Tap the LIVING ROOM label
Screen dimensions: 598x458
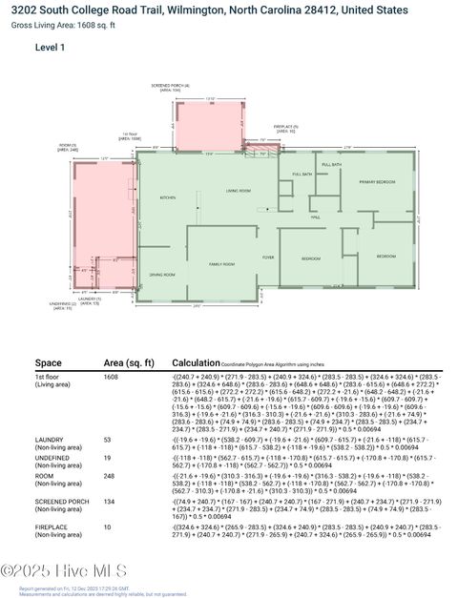238,191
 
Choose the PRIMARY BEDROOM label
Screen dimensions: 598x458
378,181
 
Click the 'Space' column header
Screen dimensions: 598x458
48,363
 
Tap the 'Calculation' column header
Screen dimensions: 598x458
196,363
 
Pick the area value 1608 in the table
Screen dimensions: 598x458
113,378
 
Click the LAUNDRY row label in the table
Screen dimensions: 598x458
51,440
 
